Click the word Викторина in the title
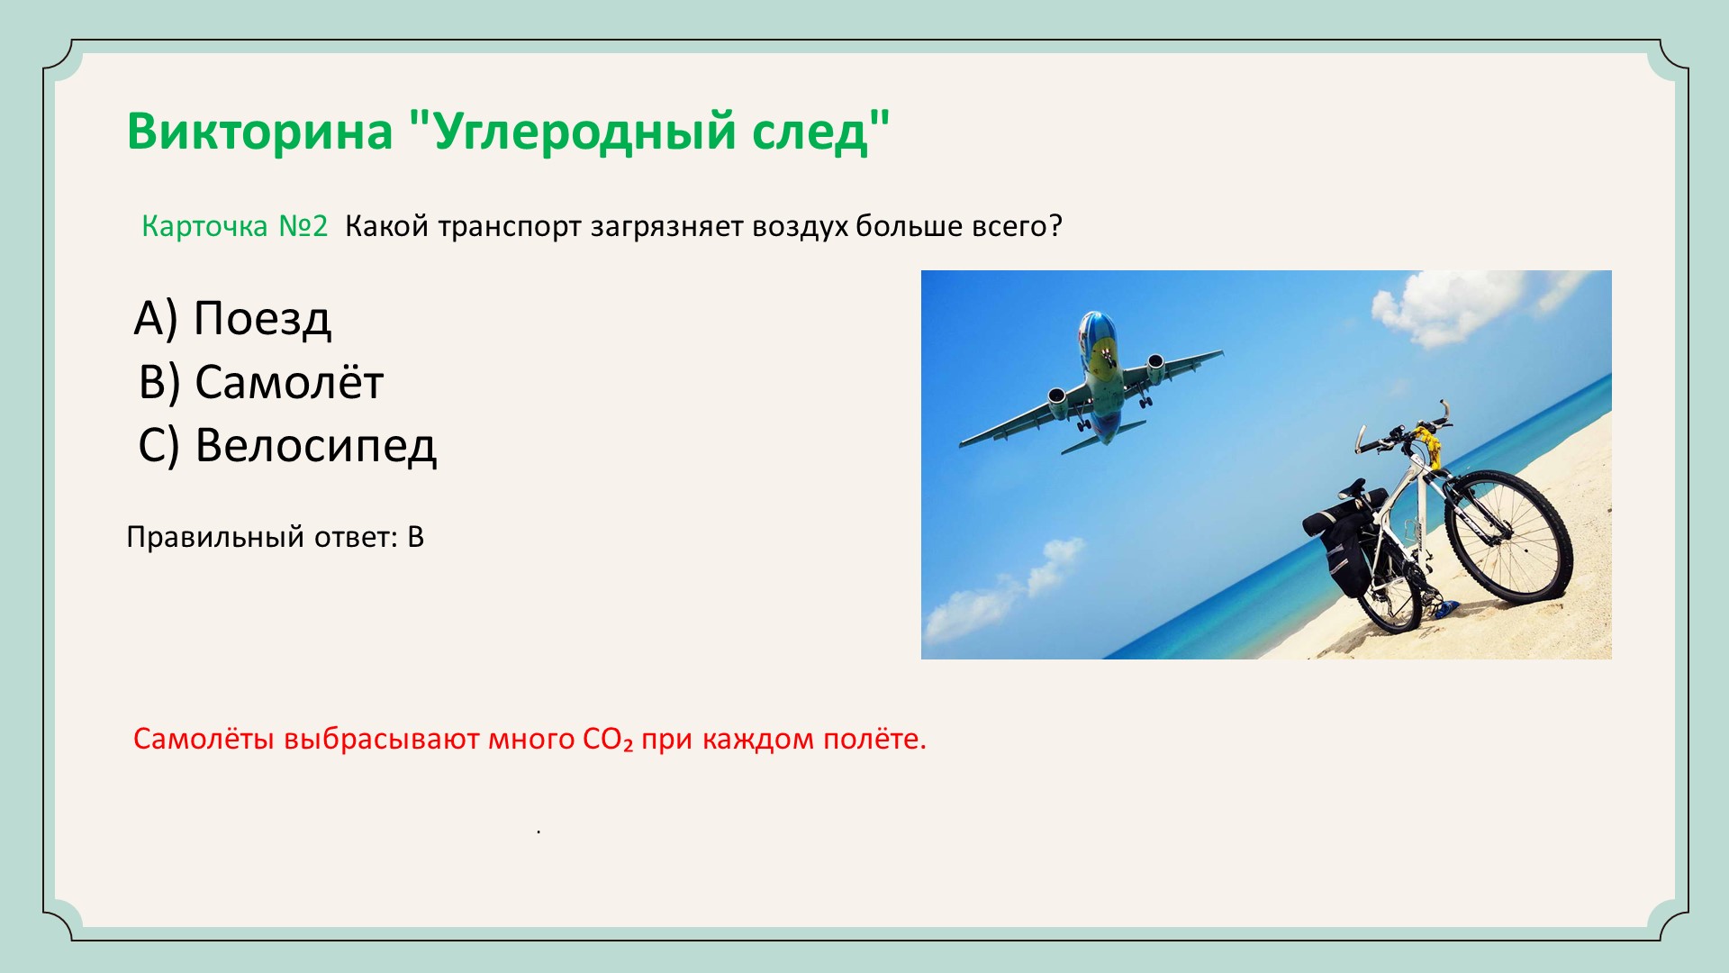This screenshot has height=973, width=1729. pos(260,131)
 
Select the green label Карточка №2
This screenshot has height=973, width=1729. pos(234,225)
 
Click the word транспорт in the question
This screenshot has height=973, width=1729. pos(510,227)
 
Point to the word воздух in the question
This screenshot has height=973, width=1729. pos(800,227)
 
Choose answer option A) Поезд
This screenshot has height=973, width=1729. pos(232,318)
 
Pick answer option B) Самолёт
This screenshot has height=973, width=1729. pos(261,381)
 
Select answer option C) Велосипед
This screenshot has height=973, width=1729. pos(287,445)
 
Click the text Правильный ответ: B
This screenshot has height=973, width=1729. pos(275,537)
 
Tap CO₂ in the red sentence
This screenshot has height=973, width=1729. pos(608,740)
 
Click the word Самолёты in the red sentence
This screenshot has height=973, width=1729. pos(204,739)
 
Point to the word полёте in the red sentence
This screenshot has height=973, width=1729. pos(876,739)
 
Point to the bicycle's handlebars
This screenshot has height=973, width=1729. pos(1405,428)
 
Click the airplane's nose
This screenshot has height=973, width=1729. pos(1093,321)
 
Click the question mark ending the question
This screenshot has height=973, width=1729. pos(1055,226)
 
